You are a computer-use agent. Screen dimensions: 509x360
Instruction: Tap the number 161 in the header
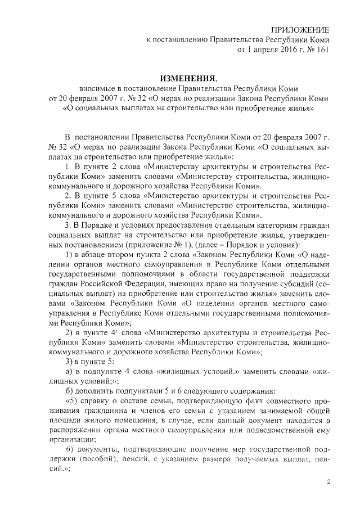tap(321, 49)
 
